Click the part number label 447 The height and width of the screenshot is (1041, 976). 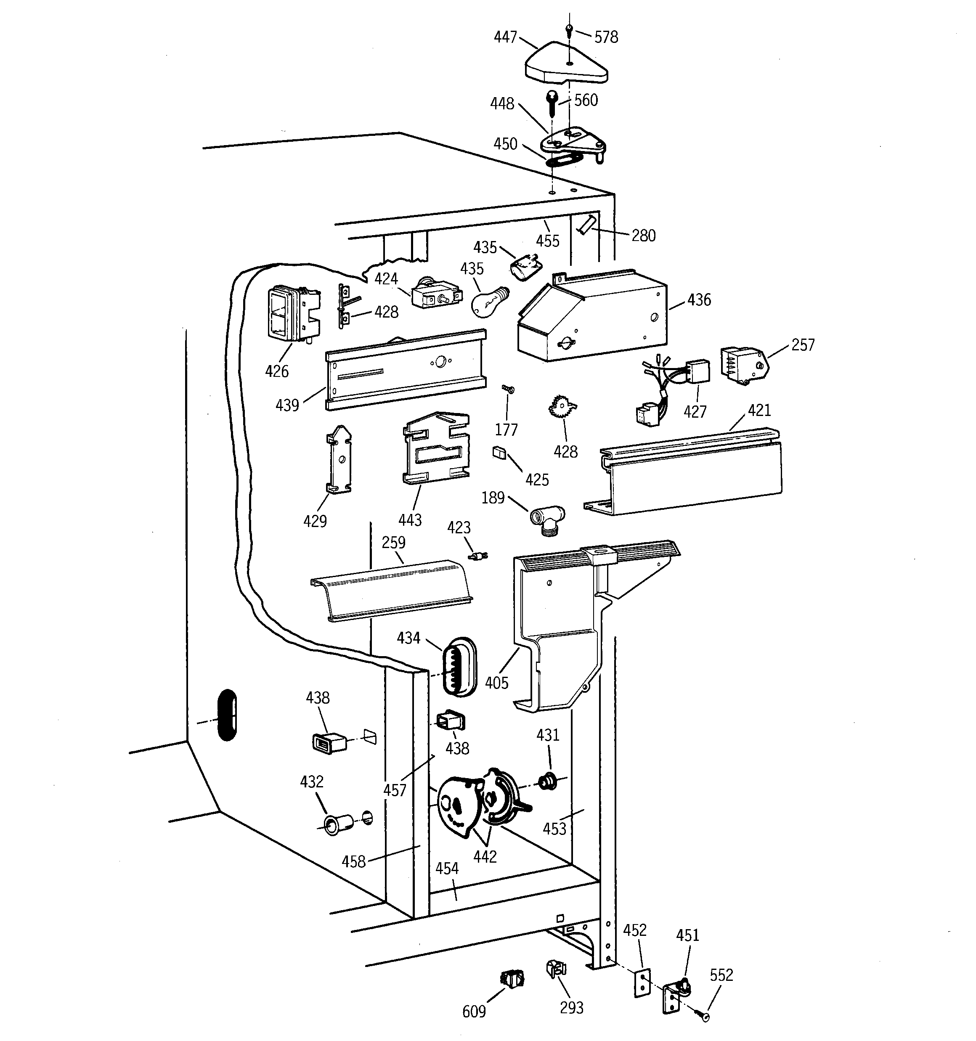click(x=505, y=37)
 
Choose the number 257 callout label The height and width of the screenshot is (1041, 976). click(x=803, y=344)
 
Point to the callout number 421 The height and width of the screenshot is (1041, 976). click(x=759, y=410)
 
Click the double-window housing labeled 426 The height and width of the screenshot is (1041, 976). click(x=292, y=313)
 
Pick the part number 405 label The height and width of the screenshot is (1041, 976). click(x=496, y=683)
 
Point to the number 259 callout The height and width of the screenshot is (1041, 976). click(x=393, y=543)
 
